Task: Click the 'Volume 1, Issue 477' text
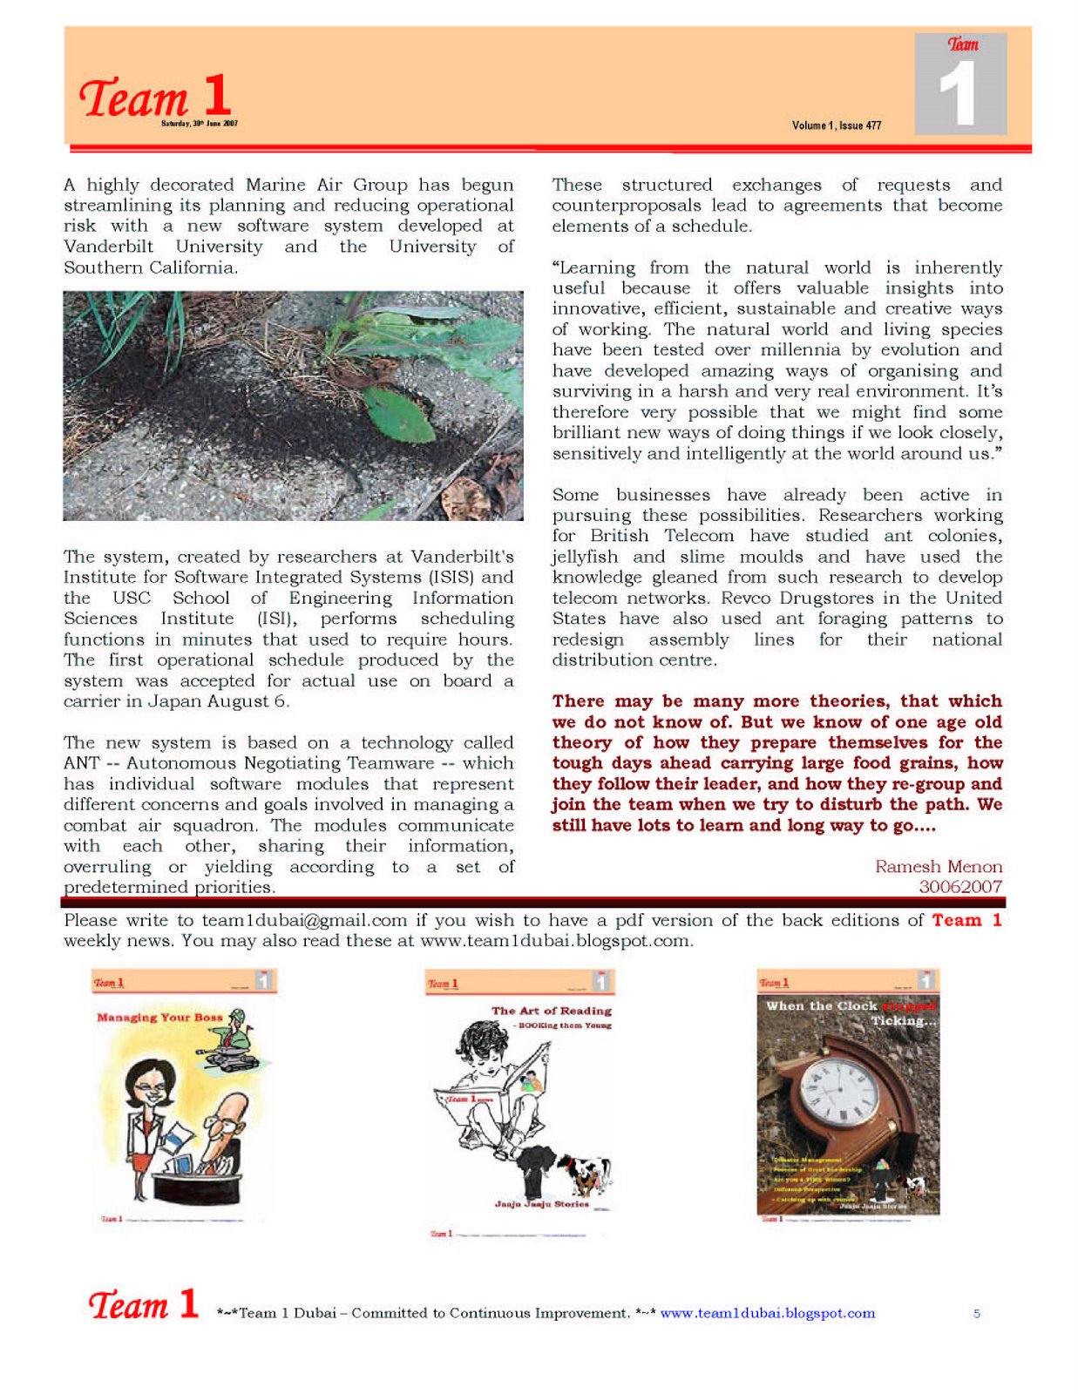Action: click(x=836, y=125)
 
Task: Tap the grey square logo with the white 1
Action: click(x=960, y=85)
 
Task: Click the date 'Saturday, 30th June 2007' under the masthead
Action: click(x=199, y=124)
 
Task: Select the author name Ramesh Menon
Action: click(x=939, y=867)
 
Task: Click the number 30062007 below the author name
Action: click(x=960, y=887)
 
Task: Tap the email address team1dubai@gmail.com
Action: click(x=304, y=921)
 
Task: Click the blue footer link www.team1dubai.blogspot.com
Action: click(x=767, y=1314)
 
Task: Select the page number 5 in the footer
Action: click(x=977, y=1314)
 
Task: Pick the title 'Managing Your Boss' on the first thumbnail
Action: click(x=159, y=1018)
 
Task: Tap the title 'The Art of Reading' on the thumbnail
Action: click(x=551, y=1011)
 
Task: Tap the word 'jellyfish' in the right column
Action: click(x=585, y=557)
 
